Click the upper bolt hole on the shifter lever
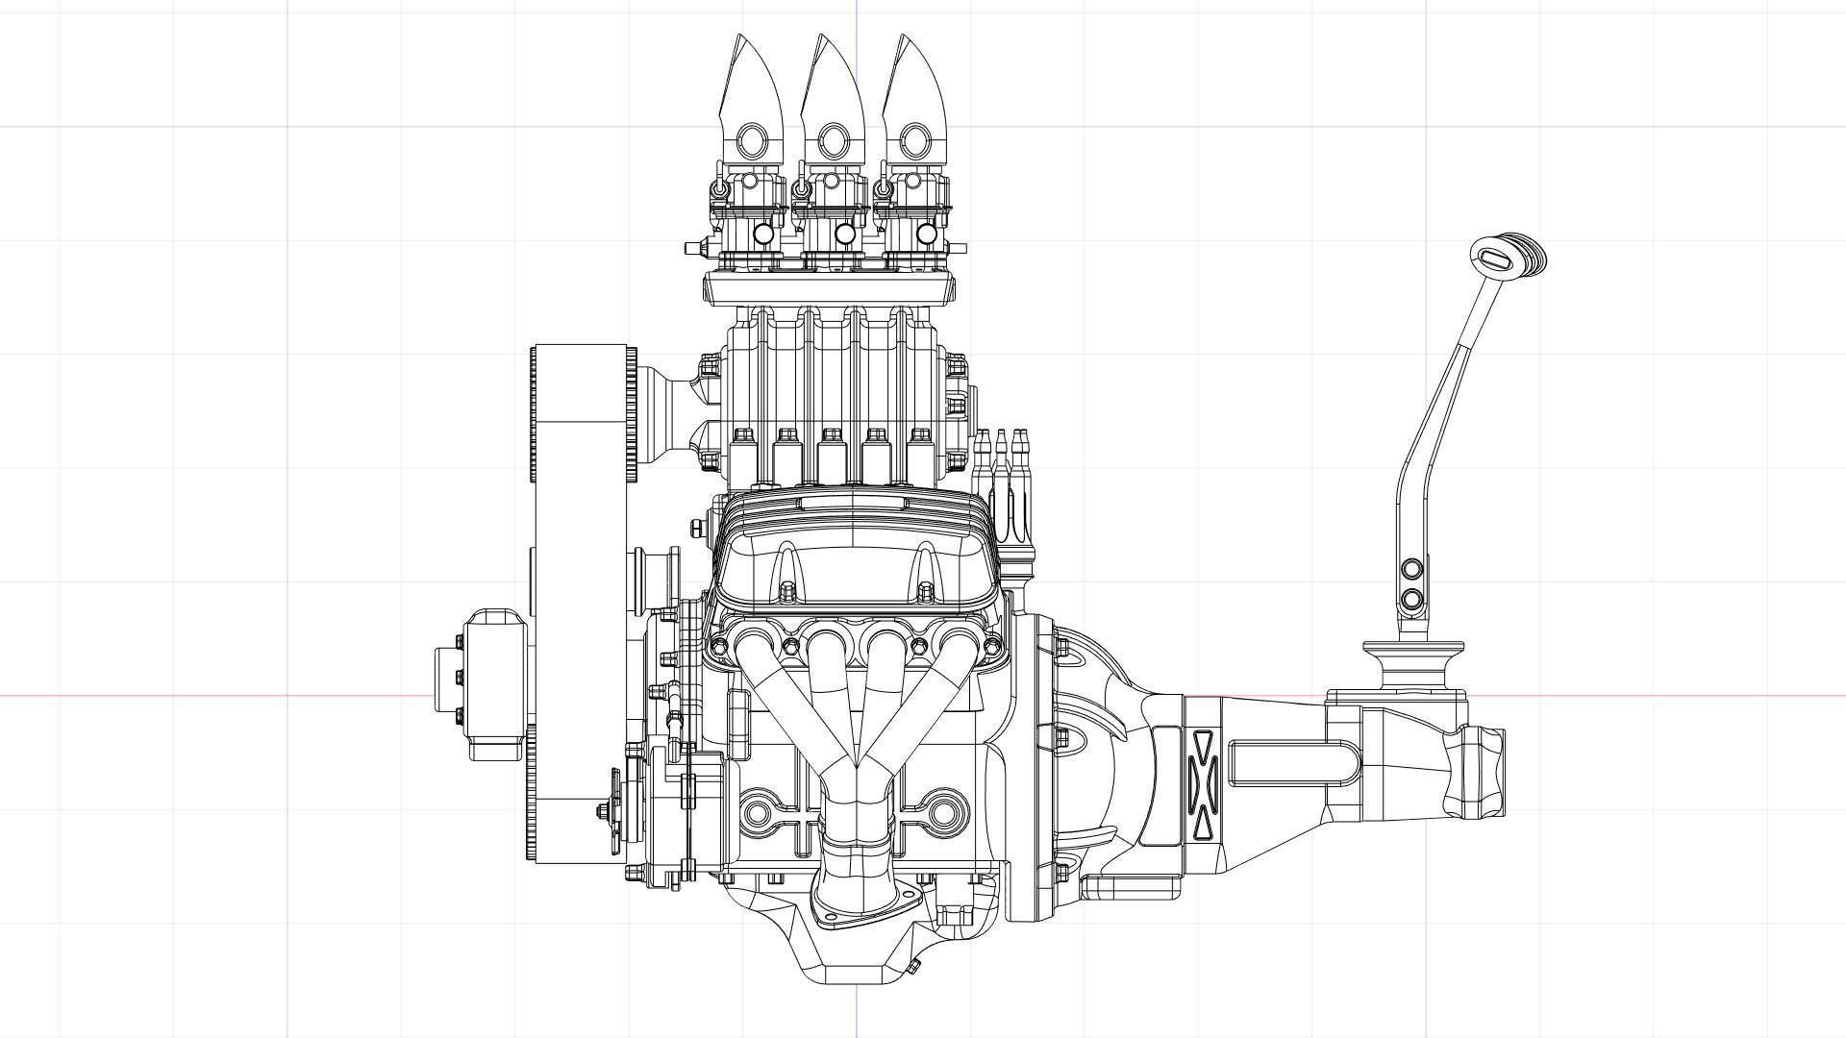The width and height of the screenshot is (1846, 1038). point(1411,569)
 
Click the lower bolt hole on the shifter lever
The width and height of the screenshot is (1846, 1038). point(1411,601)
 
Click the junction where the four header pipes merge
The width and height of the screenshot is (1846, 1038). point(856,764)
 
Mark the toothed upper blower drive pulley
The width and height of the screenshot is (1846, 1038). point(582,413)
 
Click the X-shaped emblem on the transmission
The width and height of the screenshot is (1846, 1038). point(1203,782)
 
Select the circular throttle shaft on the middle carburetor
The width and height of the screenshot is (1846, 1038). point(845,234)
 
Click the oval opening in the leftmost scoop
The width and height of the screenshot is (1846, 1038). point(750,142)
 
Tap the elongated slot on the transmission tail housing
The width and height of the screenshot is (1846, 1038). point(1293,764)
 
